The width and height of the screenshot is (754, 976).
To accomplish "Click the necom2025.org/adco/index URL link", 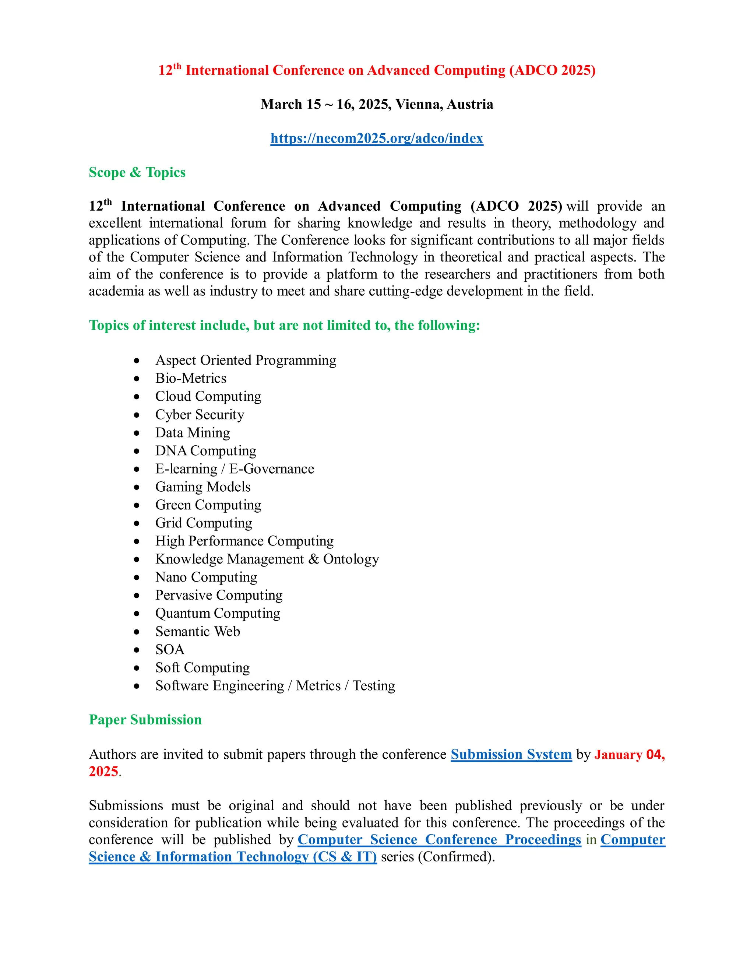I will click(x=377, y=138).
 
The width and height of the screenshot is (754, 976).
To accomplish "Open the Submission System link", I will click(x=511, y=754).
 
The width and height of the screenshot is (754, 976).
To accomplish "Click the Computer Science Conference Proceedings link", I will click(x=439, y=840).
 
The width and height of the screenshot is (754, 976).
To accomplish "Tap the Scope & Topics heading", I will click(x=137, y=172).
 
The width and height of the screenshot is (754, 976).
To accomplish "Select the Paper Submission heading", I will click(x=145, y=720).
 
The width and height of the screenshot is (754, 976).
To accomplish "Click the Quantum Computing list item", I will click(x=218, y=613).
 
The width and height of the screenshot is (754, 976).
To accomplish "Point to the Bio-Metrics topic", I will click(x=191, y=379).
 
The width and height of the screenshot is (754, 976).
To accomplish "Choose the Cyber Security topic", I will click(x=200, y=415).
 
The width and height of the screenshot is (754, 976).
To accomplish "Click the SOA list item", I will click(x=170, y=649).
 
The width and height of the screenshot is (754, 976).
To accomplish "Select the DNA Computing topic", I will click(x=205, y=451).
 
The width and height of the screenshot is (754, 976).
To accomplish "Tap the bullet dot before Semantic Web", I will click(x=137, y=632).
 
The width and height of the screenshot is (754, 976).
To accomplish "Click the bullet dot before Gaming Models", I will click(x=137, y=487).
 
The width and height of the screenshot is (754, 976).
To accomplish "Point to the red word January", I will click(x=618, y=755).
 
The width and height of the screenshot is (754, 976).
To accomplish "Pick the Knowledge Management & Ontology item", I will click(x=267, y=559).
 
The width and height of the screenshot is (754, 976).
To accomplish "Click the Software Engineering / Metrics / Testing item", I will click(x=275, y=685).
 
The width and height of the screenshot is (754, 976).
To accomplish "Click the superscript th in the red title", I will click(x=177, y=67).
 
